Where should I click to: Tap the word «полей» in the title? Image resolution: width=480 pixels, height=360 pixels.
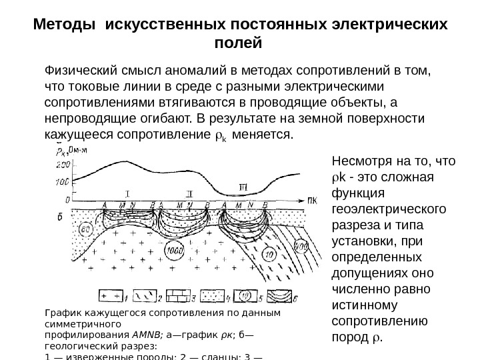click(240, 43)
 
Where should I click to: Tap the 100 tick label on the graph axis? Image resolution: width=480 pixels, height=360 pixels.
click(62, 181)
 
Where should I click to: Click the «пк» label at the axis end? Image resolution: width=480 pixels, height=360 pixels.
click(311, 199)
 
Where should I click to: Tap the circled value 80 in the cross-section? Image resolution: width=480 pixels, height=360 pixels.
click(86, 230)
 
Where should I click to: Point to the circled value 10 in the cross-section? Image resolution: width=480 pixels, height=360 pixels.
click(251, 253)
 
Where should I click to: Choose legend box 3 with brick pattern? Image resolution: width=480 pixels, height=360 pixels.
click(174, 295)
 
